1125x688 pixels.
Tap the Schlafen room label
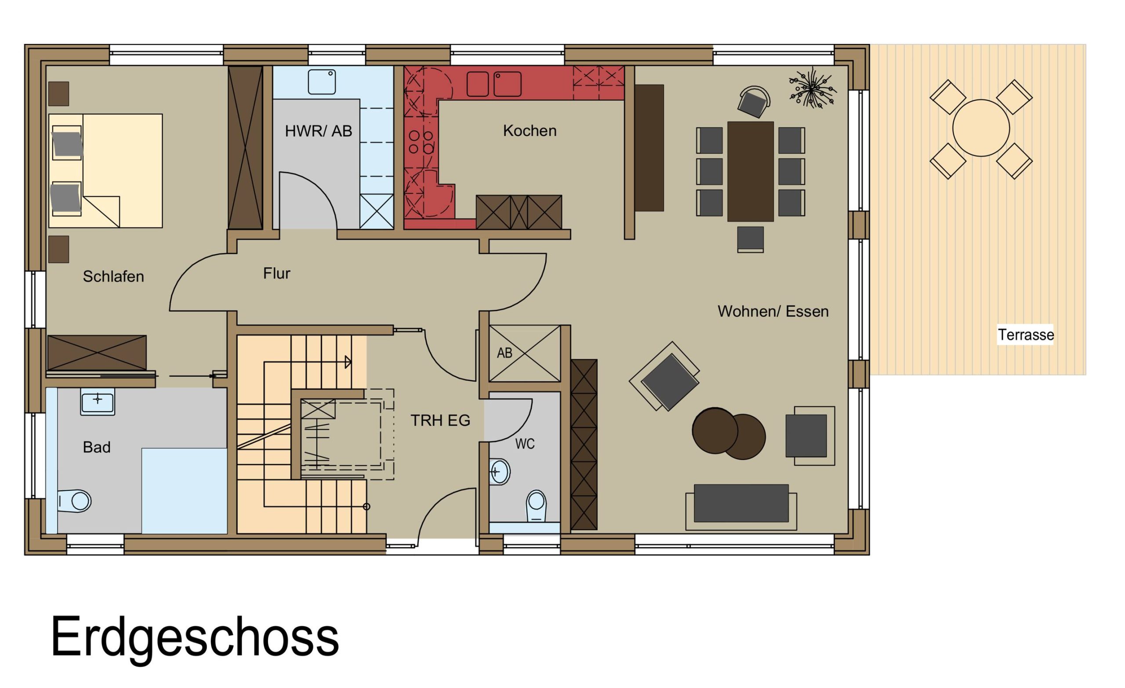click(113, 277)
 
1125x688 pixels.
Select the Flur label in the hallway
click(277, 273)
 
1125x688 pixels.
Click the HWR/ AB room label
click(319, 131)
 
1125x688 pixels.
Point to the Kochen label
click(530, 131)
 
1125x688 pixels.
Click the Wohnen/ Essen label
click(773, 311)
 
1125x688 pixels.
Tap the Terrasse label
click(1026, 335)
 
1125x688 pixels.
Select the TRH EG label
click(440, 420)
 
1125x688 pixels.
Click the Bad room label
click(97, 447)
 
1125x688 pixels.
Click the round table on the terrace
click(981, 128)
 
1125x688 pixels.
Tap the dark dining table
click(750, 172)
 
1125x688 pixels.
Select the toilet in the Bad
click(74, 501)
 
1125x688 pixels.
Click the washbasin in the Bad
click(97, 402)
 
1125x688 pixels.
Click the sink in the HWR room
click(322, 82)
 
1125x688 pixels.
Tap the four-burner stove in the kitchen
click(421, 142)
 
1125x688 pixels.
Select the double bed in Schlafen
click(105, 171)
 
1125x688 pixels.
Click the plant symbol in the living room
click(812, 88)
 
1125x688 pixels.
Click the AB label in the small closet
click(504, 353)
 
